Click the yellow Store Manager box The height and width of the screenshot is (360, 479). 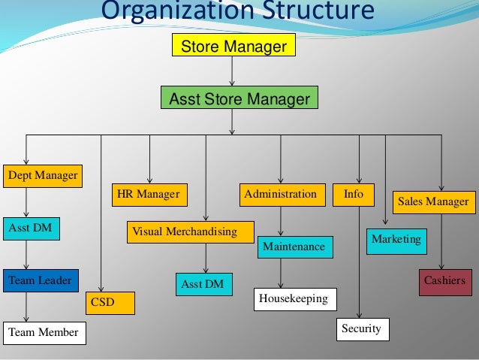[x=233, y=47]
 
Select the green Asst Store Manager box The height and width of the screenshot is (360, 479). [x=239, y=99]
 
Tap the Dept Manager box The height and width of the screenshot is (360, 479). [x=43, y=176]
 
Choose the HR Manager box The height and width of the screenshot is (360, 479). [x=149, y=194]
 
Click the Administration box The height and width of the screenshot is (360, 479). [x=282, y=194]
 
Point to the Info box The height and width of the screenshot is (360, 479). [x=354, y=194]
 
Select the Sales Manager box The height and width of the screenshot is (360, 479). [x=433, y=201]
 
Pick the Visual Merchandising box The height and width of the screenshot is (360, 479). [x=189, y=231]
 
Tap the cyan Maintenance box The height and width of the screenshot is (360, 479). [x=294, y=247]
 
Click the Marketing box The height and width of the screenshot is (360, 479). [x=396, y=240]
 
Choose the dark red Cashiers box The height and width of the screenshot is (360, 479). [x=444, y=281]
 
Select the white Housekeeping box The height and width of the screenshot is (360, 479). [x=295, y=299]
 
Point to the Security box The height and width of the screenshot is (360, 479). [x=362, y=329]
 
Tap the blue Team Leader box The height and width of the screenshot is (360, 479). [x=40, y=281]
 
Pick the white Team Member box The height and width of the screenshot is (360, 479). [x=44, y=331]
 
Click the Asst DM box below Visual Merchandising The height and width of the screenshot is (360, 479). [x=203, y=284]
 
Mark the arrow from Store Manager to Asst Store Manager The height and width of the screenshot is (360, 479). [x=233, y=72]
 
